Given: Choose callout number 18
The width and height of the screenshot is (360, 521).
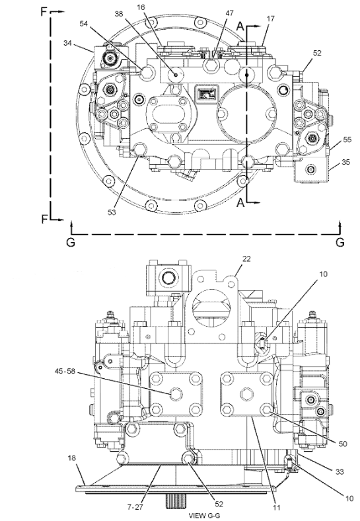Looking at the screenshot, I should (x=72, y=457).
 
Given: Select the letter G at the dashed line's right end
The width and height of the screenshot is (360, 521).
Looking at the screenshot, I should (x=340, y=242).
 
